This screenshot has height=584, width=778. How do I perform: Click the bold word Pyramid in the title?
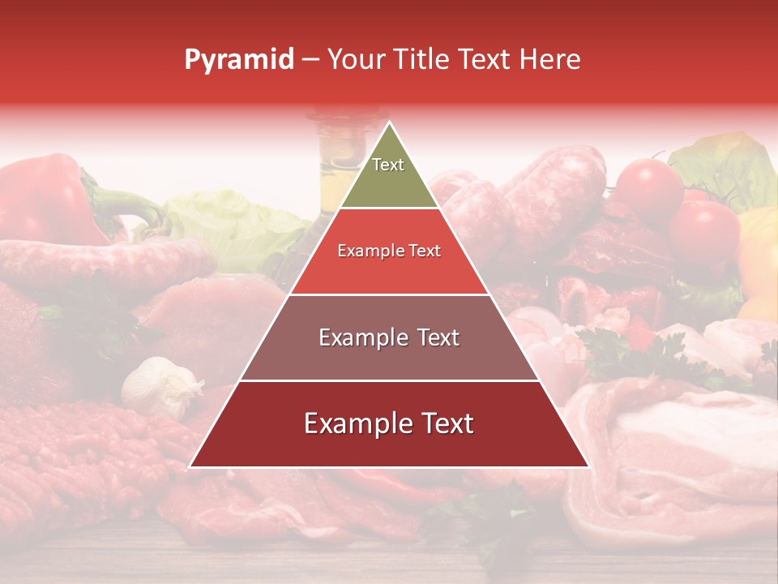pos(239,59)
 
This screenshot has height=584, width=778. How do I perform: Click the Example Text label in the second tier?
pos(389,251)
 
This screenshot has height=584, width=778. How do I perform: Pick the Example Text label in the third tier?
pos(389,337)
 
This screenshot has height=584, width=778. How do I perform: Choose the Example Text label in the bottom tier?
pos(389,423)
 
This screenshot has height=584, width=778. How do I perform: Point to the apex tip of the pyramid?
pos(389,122)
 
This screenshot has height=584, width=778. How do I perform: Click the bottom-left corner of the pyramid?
pos(190,467)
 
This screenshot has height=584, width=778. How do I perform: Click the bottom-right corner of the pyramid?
pos(588,467)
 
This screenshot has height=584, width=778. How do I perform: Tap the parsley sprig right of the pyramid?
pos(632,349)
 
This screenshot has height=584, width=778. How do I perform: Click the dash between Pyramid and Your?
pos(310,59)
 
